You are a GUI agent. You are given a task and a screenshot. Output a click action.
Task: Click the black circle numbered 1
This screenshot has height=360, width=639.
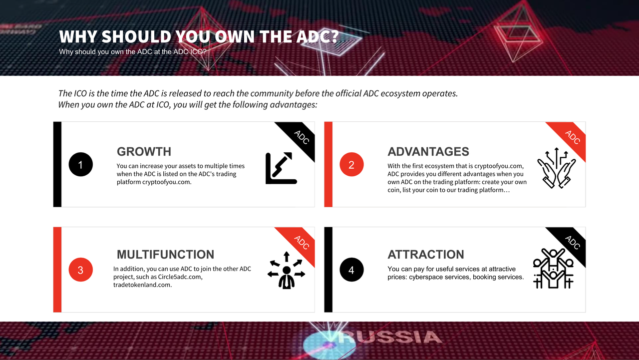(81, 164)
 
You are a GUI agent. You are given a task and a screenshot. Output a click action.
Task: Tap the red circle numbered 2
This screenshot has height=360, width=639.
(351, 164)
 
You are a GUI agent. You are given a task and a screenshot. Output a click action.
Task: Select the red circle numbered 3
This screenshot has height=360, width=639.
(81, 270)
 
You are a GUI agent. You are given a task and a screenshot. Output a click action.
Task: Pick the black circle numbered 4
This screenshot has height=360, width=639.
(351, 270)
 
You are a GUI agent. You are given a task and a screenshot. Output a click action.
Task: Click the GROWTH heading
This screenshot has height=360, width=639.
(144, 151)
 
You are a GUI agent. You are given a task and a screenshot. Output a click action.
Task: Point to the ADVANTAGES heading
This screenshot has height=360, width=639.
(428, 151)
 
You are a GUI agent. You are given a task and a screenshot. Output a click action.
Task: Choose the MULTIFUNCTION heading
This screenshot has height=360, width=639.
(165, 254)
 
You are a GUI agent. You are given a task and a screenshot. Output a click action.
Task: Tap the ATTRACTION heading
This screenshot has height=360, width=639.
(426, 254)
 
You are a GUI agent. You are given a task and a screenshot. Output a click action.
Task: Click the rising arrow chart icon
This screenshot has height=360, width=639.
(281, 168)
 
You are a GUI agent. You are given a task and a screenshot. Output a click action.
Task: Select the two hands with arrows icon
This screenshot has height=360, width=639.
(556, 168)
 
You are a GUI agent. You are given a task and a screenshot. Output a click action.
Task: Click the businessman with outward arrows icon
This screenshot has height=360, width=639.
(287, 270)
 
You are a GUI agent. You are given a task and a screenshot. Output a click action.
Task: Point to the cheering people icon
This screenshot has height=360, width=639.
(553, 269)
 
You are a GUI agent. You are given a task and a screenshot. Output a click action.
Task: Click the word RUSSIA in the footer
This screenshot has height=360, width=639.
(390, 337)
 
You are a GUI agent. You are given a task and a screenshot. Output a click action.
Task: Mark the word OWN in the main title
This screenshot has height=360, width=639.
(234, 37)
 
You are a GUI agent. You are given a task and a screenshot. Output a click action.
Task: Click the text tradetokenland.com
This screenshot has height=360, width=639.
(142, 285)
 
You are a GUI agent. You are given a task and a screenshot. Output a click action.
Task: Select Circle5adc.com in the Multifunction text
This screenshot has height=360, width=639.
(180, 277)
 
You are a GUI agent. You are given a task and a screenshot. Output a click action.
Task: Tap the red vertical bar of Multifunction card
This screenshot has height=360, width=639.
(57, 270)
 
